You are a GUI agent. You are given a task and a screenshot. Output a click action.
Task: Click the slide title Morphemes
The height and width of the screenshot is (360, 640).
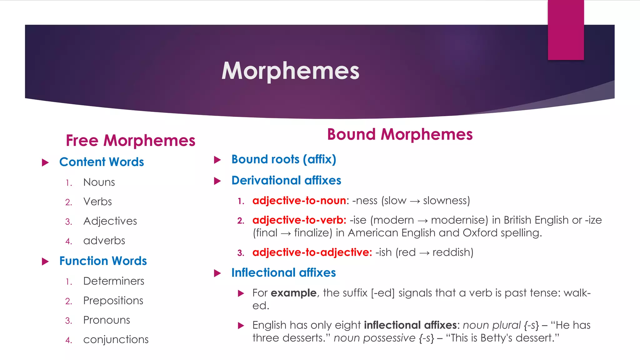(290, 71)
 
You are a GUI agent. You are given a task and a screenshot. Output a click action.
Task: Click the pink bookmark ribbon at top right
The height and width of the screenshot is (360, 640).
(566, 30)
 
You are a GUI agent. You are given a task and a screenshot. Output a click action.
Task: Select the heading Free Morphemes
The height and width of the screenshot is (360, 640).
(130, 140)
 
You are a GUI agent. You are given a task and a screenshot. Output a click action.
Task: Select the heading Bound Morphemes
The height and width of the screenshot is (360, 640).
(400, 134)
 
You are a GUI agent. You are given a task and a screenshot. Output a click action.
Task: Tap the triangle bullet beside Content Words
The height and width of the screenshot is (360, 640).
(45, 162)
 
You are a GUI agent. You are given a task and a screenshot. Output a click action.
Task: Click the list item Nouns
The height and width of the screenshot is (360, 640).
(99, 182)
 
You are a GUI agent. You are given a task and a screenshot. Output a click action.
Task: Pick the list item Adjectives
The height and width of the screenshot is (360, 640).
(110, 221)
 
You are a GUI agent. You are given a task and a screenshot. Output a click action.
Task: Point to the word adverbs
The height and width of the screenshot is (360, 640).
(104, 241)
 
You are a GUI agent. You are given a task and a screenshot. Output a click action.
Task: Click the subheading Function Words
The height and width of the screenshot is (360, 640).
(103, 261)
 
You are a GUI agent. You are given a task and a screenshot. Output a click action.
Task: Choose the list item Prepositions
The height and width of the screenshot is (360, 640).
(113, 301)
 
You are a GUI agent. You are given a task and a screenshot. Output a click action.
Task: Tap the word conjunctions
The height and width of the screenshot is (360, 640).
(116, 339)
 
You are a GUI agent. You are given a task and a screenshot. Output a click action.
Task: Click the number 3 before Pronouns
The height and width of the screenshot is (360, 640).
(68, 321)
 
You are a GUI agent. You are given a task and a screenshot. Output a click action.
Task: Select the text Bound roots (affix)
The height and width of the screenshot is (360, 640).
(283, 159)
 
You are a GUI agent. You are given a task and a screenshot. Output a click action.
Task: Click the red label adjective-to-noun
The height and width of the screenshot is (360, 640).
(299, 201)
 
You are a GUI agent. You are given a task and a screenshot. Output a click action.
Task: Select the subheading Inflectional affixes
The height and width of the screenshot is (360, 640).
(283, 273)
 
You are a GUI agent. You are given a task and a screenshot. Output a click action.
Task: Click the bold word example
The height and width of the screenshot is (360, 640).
(293, 293)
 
